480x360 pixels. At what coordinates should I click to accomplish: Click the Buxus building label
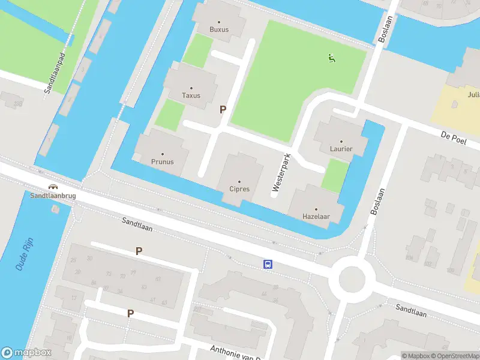219,29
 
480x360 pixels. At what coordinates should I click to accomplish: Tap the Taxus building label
191,95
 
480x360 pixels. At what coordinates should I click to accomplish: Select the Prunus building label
162,161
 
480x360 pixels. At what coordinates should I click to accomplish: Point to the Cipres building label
239,189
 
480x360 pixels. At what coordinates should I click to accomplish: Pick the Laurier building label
341,149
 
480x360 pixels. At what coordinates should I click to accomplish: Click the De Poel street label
453,139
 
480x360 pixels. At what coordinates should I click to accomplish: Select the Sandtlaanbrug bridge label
53,196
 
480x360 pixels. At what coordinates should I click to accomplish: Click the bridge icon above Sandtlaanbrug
53,187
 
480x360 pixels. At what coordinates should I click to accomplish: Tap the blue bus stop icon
268,264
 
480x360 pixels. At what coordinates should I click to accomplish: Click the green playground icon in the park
331,58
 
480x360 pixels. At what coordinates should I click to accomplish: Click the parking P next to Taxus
223,109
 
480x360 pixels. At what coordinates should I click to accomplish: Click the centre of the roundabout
352,278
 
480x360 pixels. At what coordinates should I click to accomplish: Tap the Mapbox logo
26,353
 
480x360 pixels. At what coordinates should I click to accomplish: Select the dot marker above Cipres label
239,182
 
